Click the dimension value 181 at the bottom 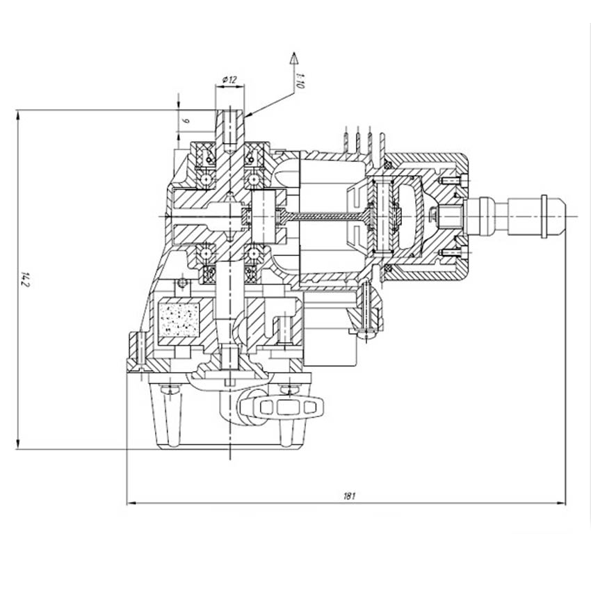(x=350, y=496)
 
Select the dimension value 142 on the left (x=26, y=280)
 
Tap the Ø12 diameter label (x=229, y=81)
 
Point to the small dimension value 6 (x=186, y=120)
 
